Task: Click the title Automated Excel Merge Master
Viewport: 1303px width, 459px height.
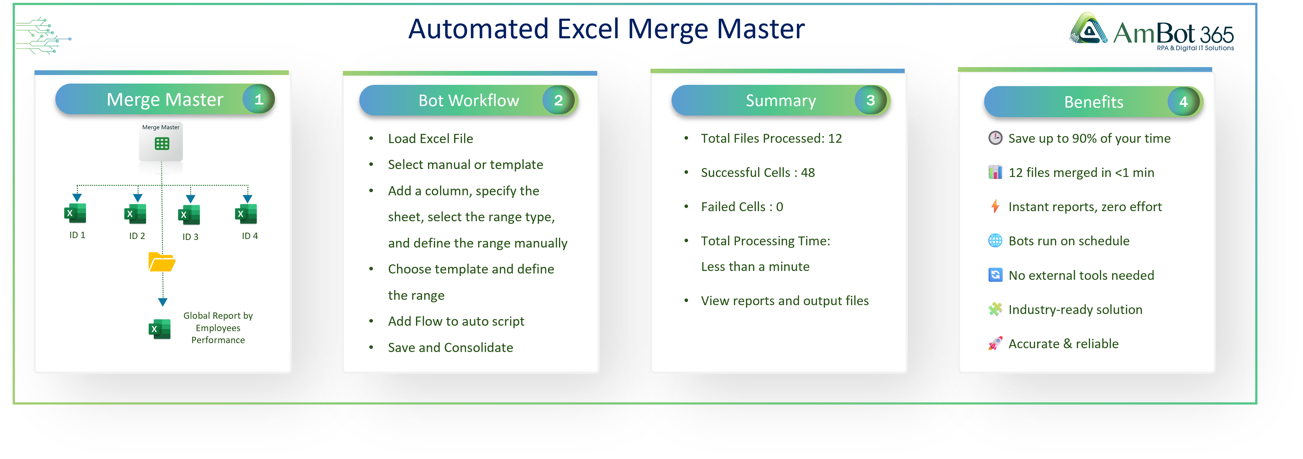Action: click(606, 29)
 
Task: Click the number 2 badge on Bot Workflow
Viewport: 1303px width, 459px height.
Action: click(558, 100)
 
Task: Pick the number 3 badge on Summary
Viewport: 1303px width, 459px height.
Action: click(870, 100)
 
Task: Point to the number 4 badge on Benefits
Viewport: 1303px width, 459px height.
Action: click(1183, 102)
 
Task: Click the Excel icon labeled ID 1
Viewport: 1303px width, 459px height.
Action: click(75, 213)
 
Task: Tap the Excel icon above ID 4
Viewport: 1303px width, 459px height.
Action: click(246, 214)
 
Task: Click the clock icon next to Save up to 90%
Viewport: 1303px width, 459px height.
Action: click(995, 138)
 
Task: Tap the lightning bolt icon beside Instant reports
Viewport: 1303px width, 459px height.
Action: click(995, 206)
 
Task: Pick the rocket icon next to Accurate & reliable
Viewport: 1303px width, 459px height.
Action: click(995, 344)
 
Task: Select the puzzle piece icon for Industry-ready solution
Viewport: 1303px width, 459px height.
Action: click(995, 309)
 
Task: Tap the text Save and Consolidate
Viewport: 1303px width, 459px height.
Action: click(450, 348)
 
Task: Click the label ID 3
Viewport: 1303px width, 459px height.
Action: click(190, 237)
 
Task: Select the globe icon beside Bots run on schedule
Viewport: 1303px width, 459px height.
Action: click(995, 241)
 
